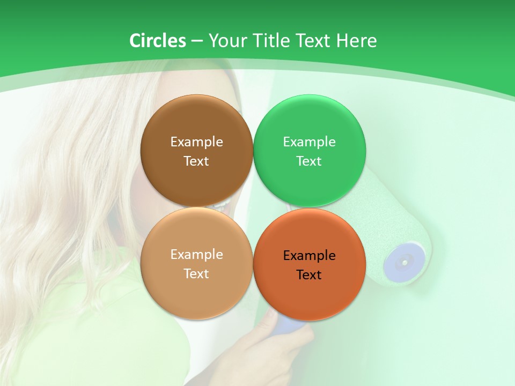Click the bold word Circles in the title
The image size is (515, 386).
(157, 41)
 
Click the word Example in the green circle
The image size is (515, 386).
(309, 142)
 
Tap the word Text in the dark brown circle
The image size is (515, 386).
(196, 161)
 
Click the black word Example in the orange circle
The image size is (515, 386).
(309, 256)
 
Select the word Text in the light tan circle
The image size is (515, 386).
(196, 274)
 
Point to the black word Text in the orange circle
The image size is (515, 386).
(309, 275)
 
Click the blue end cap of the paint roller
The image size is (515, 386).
(402, 262)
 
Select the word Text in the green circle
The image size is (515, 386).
(309, 161)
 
